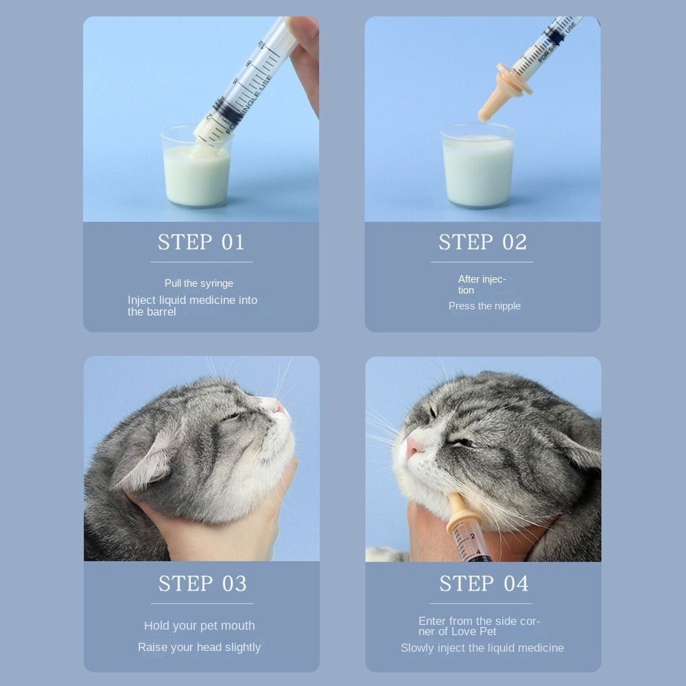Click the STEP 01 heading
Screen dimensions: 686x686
(x=201, y=242)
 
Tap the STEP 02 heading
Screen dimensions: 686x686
(x=482, y=242)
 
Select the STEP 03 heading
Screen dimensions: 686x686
(x=202, y=584)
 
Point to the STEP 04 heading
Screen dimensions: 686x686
(x=484, y=584)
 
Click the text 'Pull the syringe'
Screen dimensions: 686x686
(x=199, y=283)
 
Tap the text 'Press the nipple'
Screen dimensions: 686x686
(x=484, y=306)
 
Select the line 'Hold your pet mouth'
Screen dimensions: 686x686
(x=200, y=626)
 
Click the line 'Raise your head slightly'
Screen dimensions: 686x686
(x=199, y=647)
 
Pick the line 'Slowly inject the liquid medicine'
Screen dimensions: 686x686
(x=482, y=648)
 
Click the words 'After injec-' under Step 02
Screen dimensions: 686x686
(x=482, y=279)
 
